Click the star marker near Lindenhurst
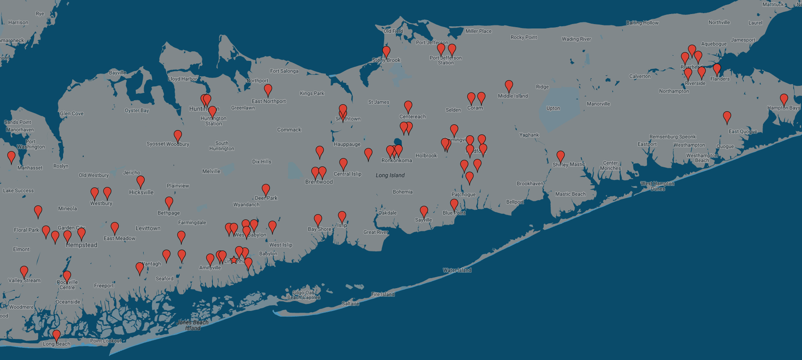pyautogui.click(x=234, y=260)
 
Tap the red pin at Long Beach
pyautogui.click(x=57, y=335)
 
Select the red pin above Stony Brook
pyautogui.click(x=386, y=52)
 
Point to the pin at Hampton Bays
pyautogui.click(x=784, y=100)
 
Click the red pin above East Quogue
pyautogui.click(x=727, y=117)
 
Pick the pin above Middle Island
pyautogui.click(x=509, y=86)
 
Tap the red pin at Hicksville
pyautogui.click(x=141, y=181)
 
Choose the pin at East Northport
pyautogui.click(x=268, y=90)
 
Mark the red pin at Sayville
pyautogui.click(x=424, y=212)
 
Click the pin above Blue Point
pyautogui.click(x=454, y=205)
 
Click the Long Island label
pyautogui.click(x=390, y=175)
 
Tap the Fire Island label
pyautogui.click(x=383, y=294)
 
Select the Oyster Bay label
pyautogui.click(x=137, y=110)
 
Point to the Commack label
pyautogui.click(x=289, y=130)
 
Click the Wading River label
pyautogui.click(x=576, y=39)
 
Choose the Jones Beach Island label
pyautogui.click(x=192, y=325)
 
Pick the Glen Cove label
pyautogui.click(x=71, y=113)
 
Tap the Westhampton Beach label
pyautogui.click(x=702, y=158)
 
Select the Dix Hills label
pyautogui.click(x=261, y=162)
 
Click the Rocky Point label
pyautogui.click(x=523, y=37)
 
